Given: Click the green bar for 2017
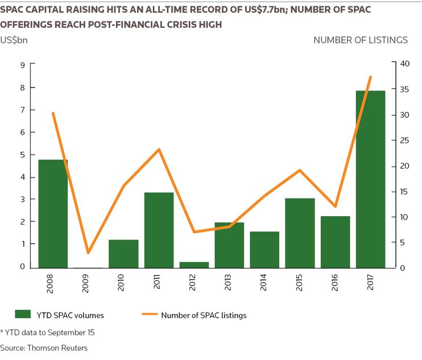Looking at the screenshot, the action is [x=370, y=179].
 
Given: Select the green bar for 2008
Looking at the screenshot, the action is [x=53, y=214].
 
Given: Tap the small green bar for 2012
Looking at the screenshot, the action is [x=194, y=265].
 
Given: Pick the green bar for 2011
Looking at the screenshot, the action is [x=159, y=230].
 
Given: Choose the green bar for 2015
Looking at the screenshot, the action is [x=300, y=233].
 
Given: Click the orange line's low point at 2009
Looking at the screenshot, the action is [x=88, y=253].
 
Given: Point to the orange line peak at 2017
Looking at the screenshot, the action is [x=370, y=77].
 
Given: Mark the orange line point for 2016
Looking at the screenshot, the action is [x=335, y=206].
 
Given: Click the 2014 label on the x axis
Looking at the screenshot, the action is [x=263, y=282].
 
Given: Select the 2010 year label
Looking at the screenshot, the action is [x=121, y=283].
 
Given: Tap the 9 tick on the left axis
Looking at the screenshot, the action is [x=22, y=65].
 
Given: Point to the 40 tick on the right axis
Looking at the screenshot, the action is [x=404, y=64].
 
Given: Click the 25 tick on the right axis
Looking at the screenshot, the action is [x=404, y=140].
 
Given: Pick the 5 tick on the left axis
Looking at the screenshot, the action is [x=22, y=155].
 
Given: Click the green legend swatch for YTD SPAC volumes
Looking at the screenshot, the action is [x=23, y=315].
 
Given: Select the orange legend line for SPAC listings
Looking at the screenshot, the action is [x=150, y=314].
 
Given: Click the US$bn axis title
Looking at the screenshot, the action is [x=14, y=40].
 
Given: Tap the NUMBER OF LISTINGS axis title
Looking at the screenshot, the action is [x=361, y=40].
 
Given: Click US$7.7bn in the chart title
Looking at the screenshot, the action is [x=265, y=10].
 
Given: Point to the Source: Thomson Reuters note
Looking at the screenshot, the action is [x=44, y=348].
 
